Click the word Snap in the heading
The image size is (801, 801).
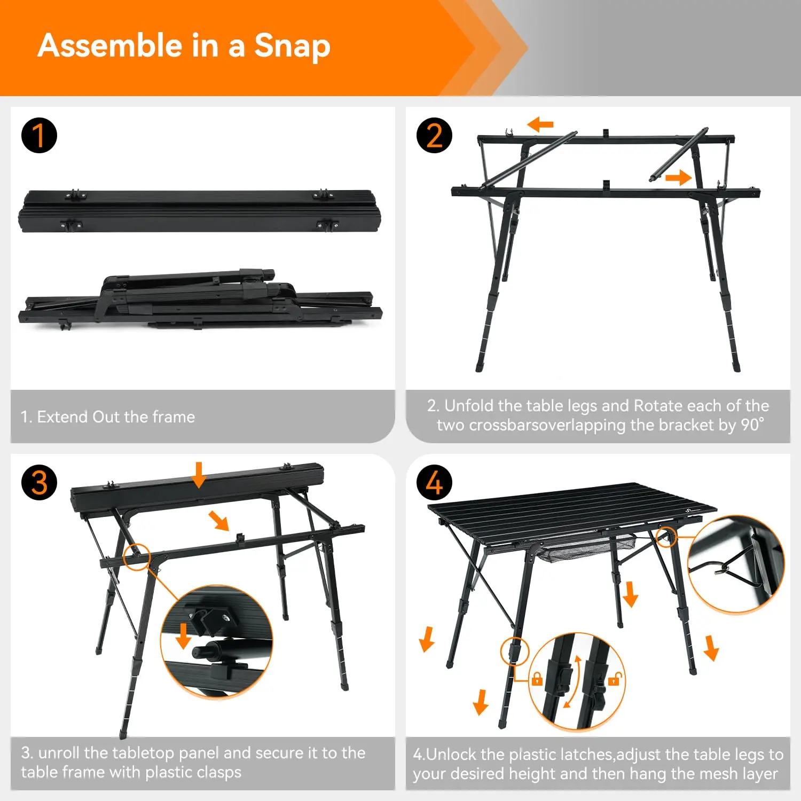(292, 46)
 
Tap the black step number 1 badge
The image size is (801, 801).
(39, 136)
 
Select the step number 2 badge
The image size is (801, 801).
(434, 136)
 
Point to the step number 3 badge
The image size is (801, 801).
(39, 483)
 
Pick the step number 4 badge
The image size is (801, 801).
(434, 483)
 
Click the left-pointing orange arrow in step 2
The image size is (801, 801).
(540, 125)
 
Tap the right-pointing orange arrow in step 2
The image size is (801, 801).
(678, 177)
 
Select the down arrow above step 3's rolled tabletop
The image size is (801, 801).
(199, 475)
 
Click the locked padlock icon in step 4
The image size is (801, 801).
(537, 679)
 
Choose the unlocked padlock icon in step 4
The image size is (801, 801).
(615, 679)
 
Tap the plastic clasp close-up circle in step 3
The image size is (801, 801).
(216, 640)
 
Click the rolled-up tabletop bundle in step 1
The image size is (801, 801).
(200, 211)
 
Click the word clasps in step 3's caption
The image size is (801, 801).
(219, 772)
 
